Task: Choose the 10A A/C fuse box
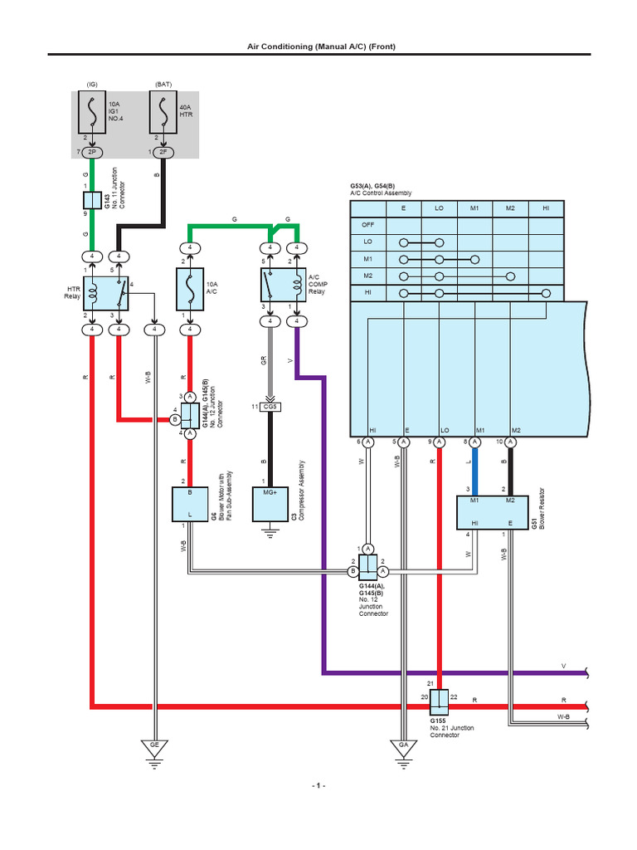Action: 190,291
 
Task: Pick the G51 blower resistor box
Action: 493,512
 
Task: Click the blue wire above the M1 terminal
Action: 476,469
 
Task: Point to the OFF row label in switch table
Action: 367,225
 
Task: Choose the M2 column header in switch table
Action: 510,208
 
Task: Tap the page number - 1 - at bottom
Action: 318,785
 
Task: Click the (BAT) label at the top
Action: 163,84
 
